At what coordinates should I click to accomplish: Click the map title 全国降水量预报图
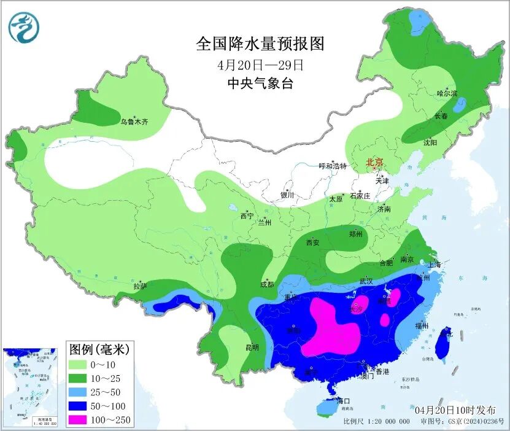click(260, 44)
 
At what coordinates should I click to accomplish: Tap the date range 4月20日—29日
click(260, 64)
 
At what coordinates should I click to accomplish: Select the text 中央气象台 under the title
click(260, 83)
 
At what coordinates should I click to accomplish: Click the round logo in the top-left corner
click(23, 28)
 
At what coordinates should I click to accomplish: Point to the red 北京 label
click(374, 163)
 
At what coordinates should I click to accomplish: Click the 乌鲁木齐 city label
click(134, 122)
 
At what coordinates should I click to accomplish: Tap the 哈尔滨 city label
click(447, 93)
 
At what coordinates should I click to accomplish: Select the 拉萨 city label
click(140, 286)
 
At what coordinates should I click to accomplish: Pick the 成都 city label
click(267, 284)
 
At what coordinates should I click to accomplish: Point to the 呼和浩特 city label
click(333, 166)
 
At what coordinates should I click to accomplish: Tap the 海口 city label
click(344, 401)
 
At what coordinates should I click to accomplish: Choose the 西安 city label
click(313, 243)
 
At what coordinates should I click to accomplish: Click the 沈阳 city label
click(430, 142)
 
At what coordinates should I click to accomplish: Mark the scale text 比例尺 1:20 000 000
click(376, 422)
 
